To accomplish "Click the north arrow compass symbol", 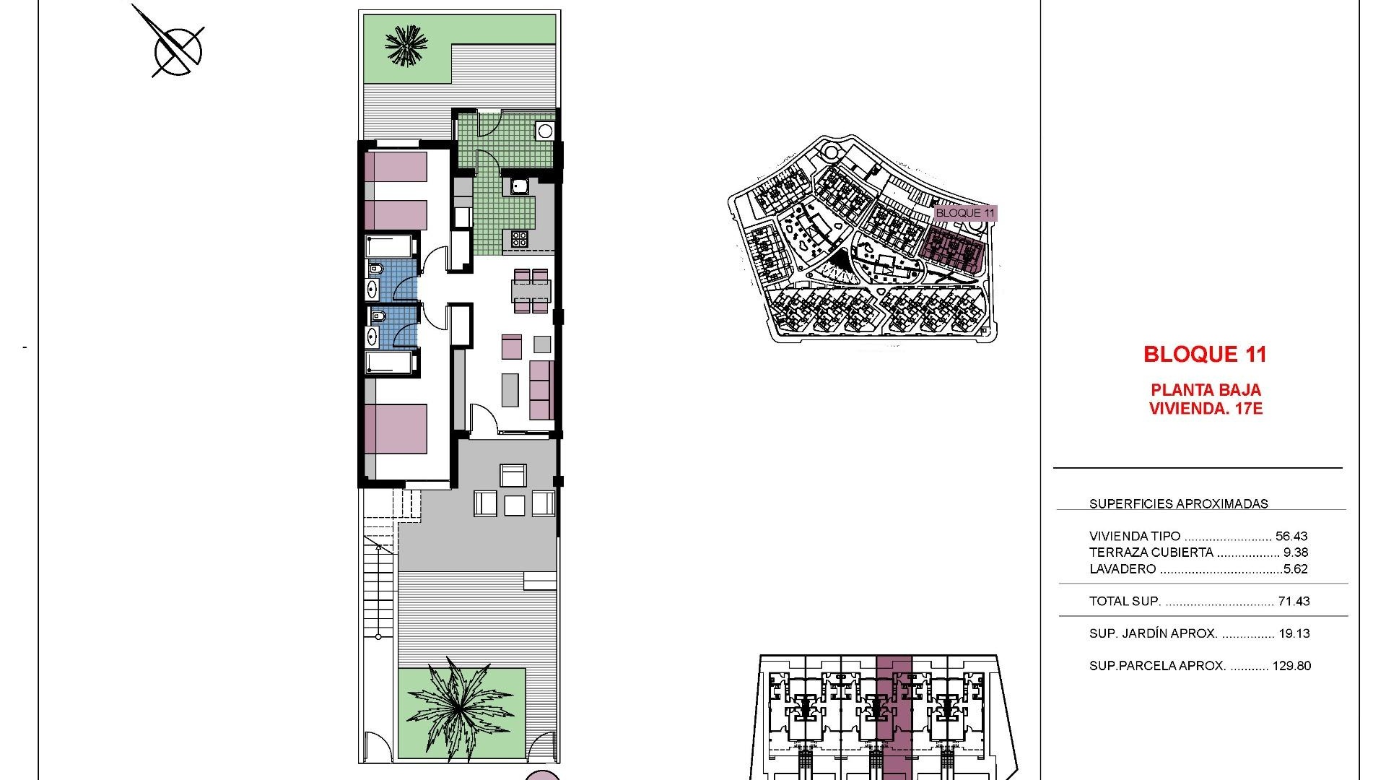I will (176, 49).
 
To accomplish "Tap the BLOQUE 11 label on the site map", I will (965, 213).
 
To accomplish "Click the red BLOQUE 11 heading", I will (1205, 355).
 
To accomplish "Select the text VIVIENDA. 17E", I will (1205, 409).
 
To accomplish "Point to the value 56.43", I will (1291, 537).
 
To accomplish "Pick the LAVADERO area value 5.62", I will (1296, 569).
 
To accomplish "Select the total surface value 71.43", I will (1294, 601).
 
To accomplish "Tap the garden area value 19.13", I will (1294, 633).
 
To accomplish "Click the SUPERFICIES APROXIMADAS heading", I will (1178, 504).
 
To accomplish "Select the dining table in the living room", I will (531, 291).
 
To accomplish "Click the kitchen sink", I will (519, 187).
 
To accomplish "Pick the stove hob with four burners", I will (519, 238).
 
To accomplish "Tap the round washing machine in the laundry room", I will (544, 131).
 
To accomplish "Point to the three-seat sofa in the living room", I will (542, 390).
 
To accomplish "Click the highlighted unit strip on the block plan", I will (894, 715).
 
